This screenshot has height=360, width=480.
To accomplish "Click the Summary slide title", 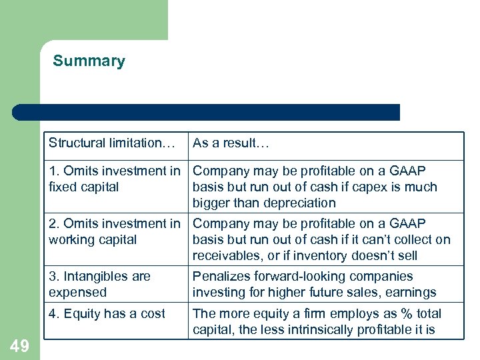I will [89, 61].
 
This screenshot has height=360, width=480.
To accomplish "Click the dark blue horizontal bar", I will [207, 112].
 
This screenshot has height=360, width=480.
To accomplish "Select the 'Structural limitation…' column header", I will [111, 143].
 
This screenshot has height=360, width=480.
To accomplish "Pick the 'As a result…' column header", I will [231, 143].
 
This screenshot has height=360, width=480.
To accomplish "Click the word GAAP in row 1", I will [407, 171].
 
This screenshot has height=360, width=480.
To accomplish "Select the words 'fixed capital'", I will [83, 187].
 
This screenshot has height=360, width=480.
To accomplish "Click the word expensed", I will [77, 293].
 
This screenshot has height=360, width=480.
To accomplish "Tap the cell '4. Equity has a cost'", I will [107, 313].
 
